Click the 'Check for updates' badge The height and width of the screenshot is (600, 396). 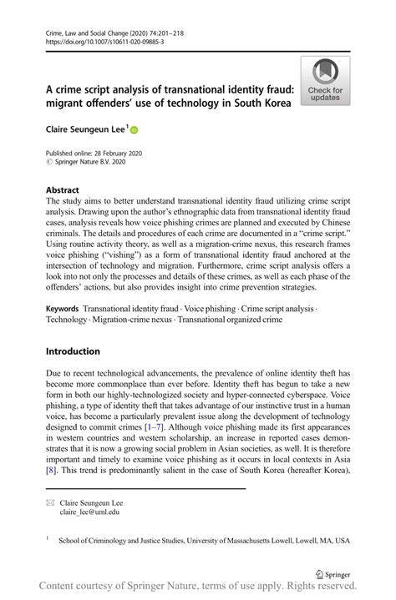coord(325,81)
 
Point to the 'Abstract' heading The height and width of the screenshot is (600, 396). coord(63,189)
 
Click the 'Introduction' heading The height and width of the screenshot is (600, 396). coord(73,351)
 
